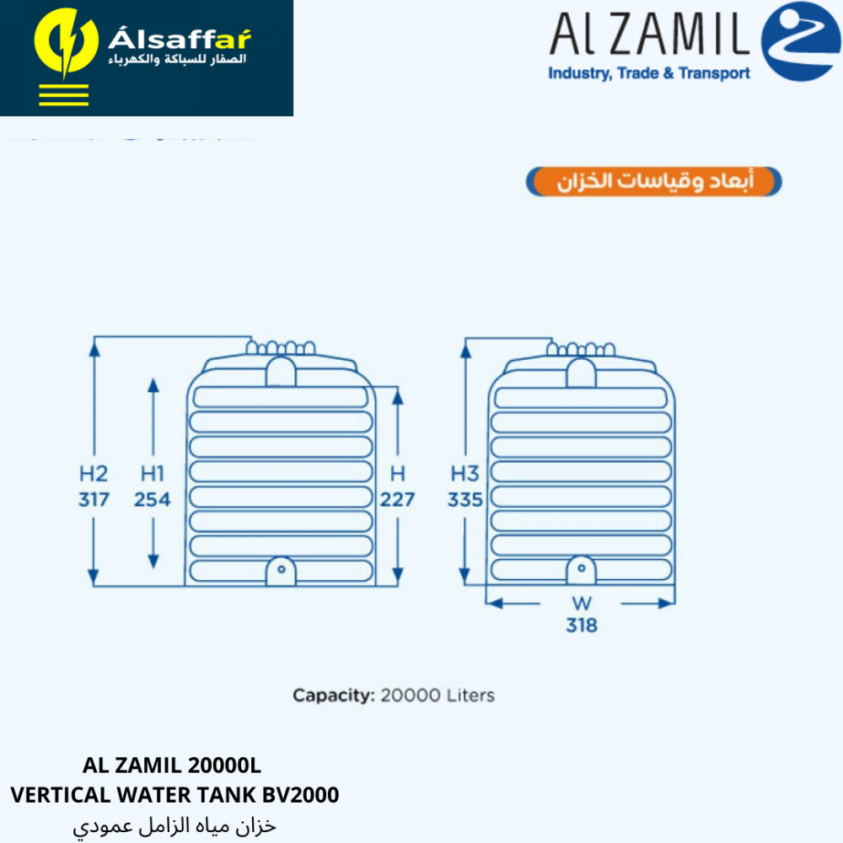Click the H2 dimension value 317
click(94, 500)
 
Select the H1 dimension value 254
click(152, 500)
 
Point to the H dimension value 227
click(397, 500)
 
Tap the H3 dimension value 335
click(464, 500)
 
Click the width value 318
click(582, 626)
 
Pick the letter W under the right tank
click(582, 604)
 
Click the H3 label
click(464, 473)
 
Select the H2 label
click(94, 473)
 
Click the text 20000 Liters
click(438, 695)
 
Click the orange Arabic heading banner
click(653, 182)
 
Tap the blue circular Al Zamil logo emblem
click(800, 41)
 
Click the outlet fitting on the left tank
click(281, 572)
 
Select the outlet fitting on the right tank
click(581, 572)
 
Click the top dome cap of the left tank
click(281, 371)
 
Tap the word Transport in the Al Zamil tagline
click(715, 73)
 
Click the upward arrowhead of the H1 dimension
click(153, 386)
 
